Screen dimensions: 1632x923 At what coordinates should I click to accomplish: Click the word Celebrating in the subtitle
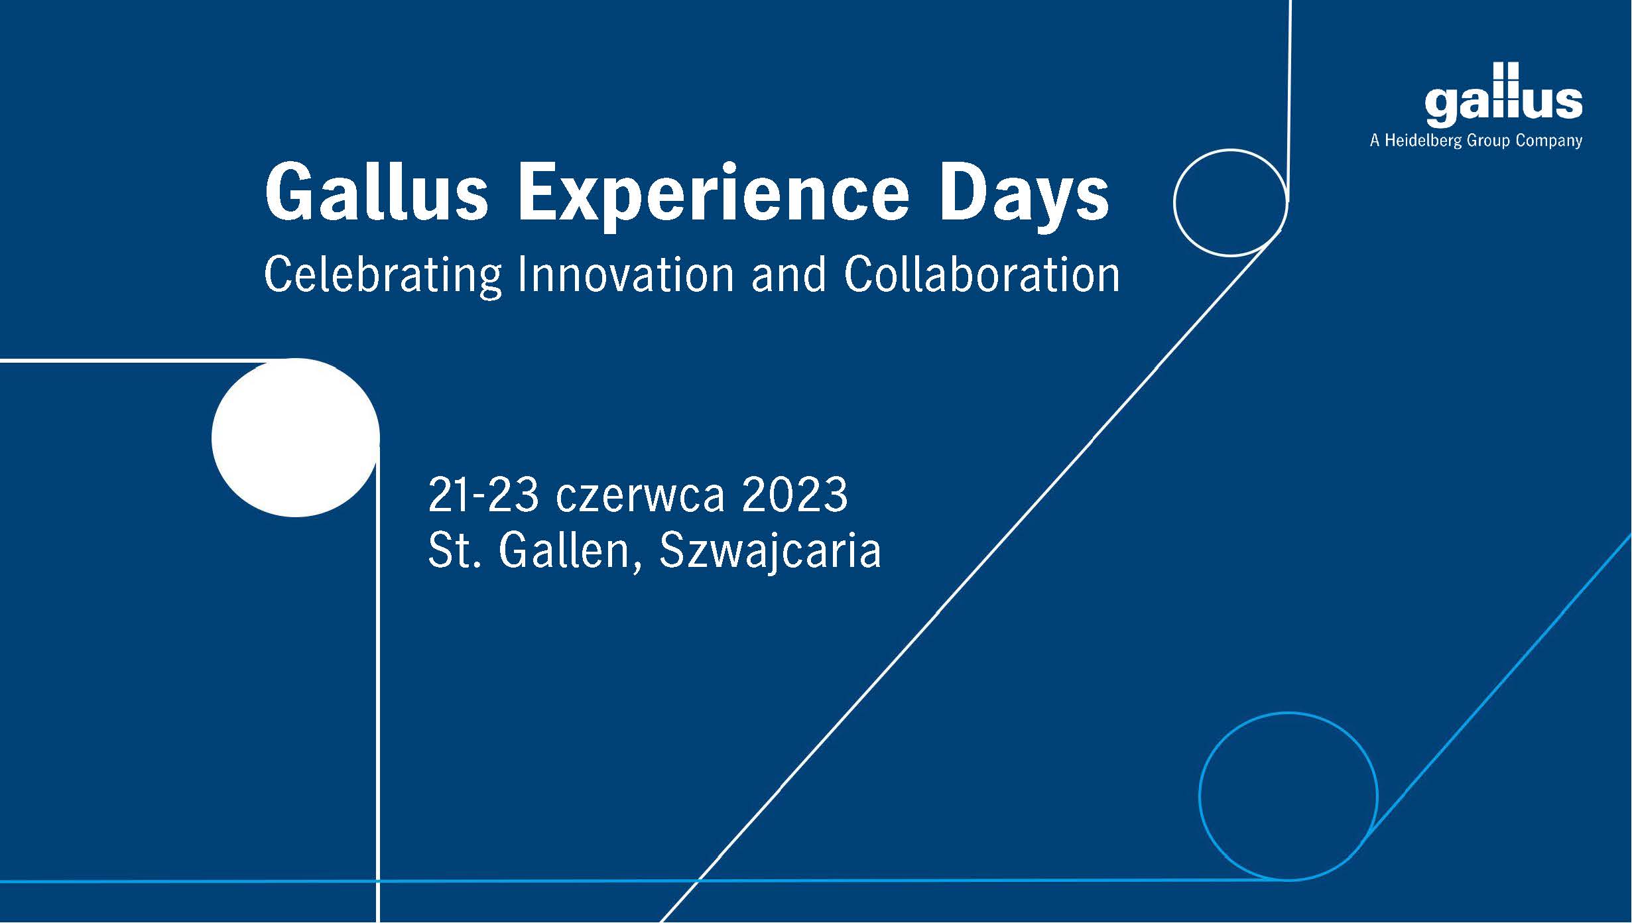pyautogui.click(x=383, y=276)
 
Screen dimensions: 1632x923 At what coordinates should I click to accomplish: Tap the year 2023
pyautogui.click(x=795, y=494)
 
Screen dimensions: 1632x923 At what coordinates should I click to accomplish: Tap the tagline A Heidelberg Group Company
pyautogui.click(x=1476, y=141)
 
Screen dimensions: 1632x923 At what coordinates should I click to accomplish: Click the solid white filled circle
pyautogui.click(x=296, y=438)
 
